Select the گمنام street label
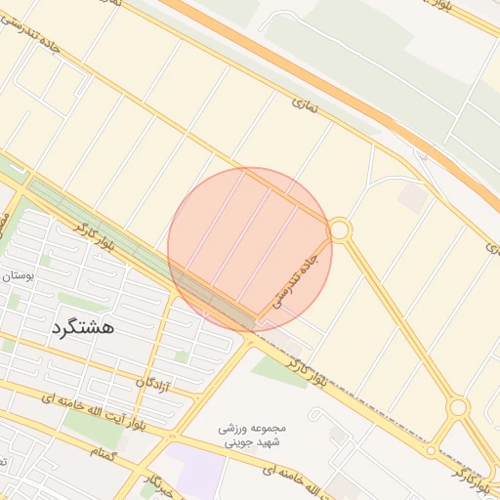pyautogui.click(x=103, y=452)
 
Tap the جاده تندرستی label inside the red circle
pyautogui.click(x=296, y=281)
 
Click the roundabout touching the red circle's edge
pyautogui.click(x=340, y=230)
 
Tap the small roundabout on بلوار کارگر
pyautogui.click(x=431, y=450)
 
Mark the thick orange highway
pyautogui.click(x=322, y=78)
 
